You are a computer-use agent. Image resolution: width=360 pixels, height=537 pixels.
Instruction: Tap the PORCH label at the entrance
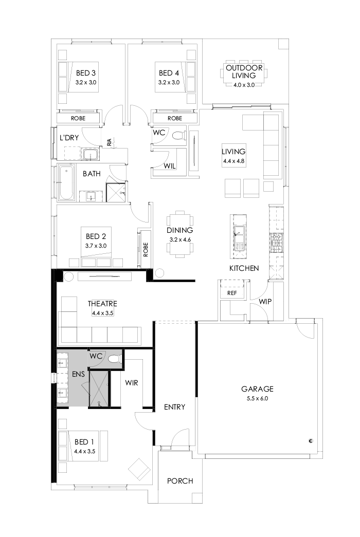point(180,481)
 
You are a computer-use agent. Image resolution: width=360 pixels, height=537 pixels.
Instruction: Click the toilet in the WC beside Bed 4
point(177,136)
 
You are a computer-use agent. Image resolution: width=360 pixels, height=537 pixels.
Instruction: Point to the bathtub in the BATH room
point(66,183)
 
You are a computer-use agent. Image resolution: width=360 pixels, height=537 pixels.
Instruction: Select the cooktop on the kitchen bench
point(276,239)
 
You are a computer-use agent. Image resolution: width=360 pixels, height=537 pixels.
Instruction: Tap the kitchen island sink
point(239,233)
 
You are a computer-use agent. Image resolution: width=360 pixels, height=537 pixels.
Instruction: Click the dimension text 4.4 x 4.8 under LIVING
point(233,161)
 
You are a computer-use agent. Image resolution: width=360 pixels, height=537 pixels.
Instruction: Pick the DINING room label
point(179,230)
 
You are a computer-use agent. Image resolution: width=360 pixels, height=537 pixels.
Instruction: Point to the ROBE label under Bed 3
point(78,118)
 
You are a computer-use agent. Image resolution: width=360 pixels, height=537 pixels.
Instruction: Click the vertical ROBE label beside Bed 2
point(146,250)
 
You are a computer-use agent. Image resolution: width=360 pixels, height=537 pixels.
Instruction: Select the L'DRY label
point(69,138)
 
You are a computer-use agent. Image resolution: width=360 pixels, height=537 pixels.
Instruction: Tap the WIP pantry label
point(265,301)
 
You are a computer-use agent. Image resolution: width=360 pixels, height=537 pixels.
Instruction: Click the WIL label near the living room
point(170,166)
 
